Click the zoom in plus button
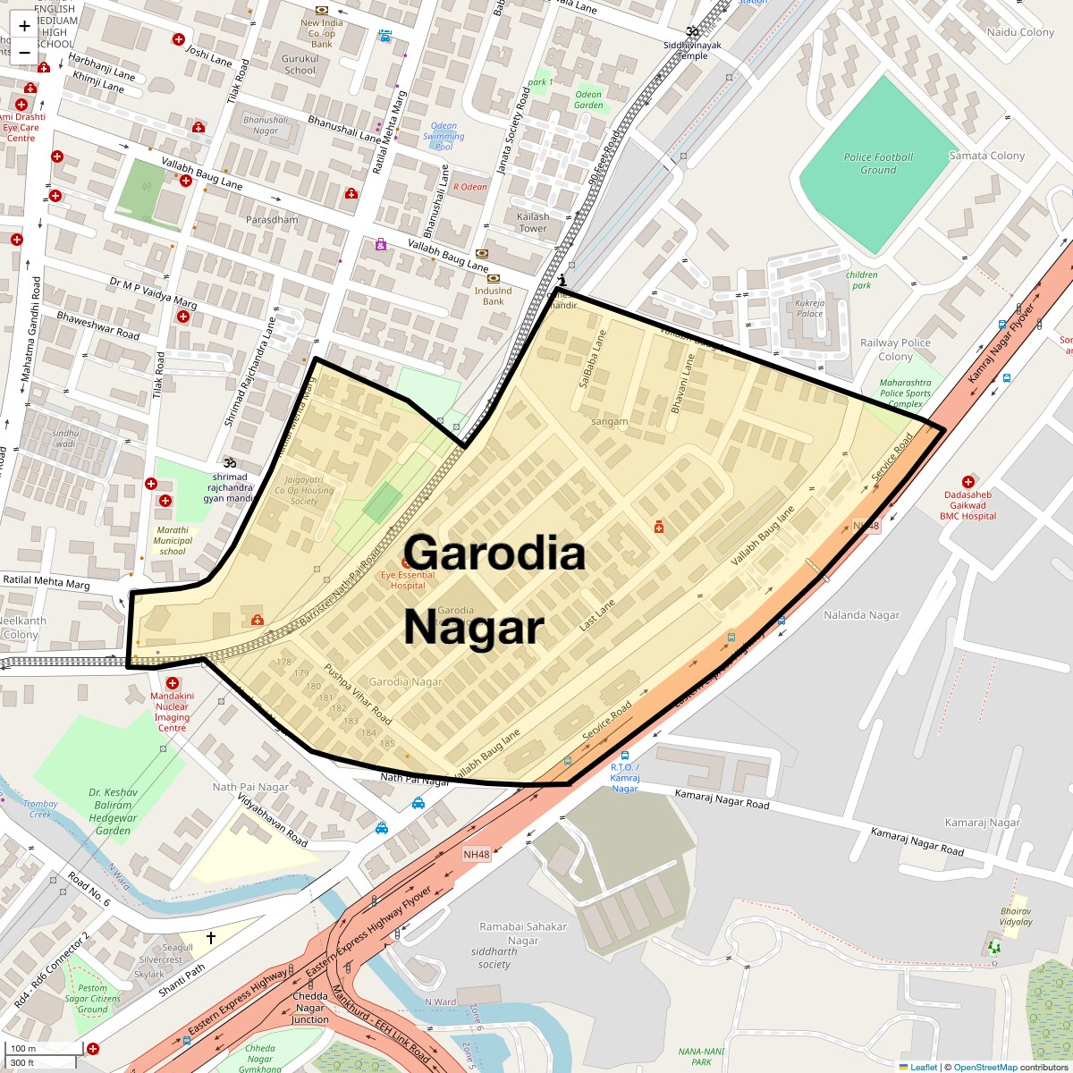(x=24, y=26)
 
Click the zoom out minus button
(x=24, y=53)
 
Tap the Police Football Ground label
(x=878, y=164)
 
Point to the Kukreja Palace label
(x=809, y=308)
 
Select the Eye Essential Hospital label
(x=408, y=579)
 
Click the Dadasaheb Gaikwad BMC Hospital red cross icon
(x=967, y=483)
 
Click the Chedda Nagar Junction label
(x=310, y=1008)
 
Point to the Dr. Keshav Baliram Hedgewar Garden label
(x=114, y=811)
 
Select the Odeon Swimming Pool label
(x=444, y=136)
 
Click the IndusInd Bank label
(x=493, y=296)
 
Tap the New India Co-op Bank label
(x=322, y=33)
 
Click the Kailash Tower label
(x=533, y=223)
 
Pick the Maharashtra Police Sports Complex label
(x=905, y=393)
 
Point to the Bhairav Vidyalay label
(x=1016, y=917)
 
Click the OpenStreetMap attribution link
(x=984, y=1067)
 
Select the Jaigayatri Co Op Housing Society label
(x=304, y=491)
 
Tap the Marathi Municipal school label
(x=173, y=540)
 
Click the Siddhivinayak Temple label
(x=692, y=50)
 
